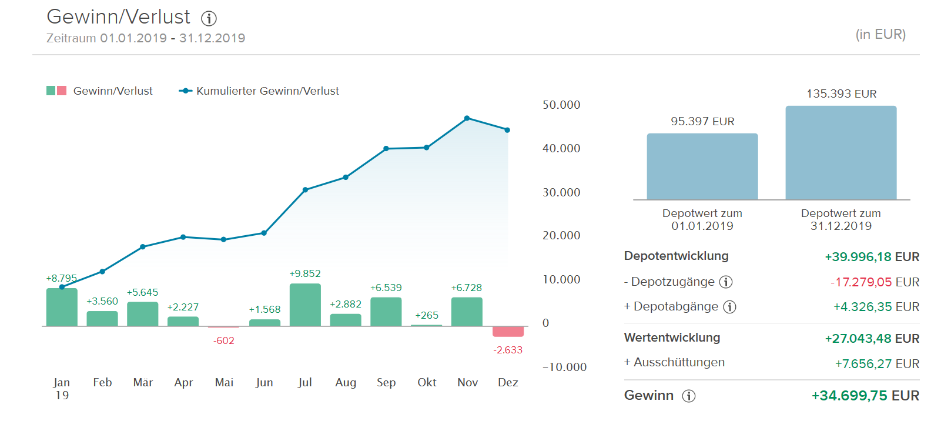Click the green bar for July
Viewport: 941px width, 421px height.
(x=305, y=305)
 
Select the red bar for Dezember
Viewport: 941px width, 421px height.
(x=508, y=332)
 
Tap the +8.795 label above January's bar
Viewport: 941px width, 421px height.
(x=62, y=278)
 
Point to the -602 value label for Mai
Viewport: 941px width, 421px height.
(x=224, y=340)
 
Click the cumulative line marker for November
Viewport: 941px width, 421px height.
(x=467, y=118)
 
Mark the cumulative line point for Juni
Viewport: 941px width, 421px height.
(x=264, y=233)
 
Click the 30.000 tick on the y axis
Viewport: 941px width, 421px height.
(x=561, y=192)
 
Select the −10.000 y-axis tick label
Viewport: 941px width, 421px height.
(x=564, y=367)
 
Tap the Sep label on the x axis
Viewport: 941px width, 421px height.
(x=386, y=382)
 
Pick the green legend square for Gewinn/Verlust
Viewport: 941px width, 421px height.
(x=51, y=91)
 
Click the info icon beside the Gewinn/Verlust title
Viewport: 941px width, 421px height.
(x=209, y=19)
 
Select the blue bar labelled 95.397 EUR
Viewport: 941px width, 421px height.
(x=702, y=166)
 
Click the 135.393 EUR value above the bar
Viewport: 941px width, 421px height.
(x=841, y=94)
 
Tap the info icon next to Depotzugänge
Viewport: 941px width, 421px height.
(x=726, y=282)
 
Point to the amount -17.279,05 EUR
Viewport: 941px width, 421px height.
(x=875, y=282)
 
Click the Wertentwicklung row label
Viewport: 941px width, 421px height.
(x=672, y=338)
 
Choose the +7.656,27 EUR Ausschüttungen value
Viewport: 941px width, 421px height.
(x=877, y=364)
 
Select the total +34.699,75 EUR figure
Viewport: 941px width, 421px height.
(x=865, y=396)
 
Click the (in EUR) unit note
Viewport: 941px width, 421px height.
(x=880, y=35)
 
